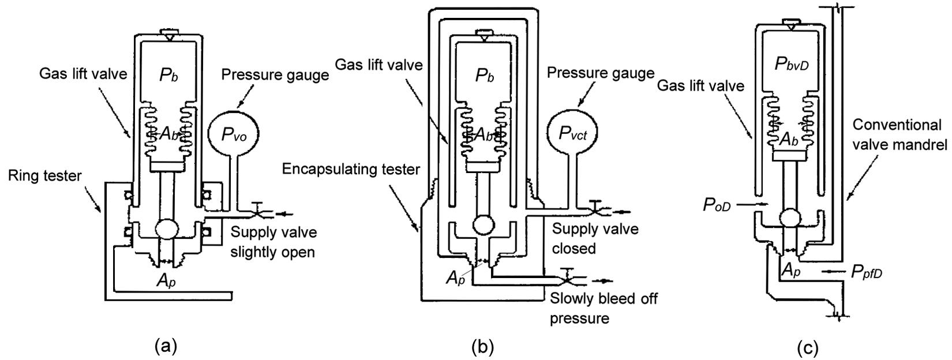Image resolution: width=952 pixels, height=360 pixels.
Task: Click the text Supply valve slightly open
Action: tap(273, 242)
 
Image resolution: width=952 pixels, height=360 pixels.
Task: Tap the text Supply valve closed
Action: tap(595, 238)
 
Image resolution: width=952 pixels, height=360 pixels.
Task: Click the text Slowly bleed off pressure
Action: tap(604, 308)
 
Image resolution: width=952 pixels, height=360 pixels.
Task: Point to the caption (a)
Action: tap(166, 346)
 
